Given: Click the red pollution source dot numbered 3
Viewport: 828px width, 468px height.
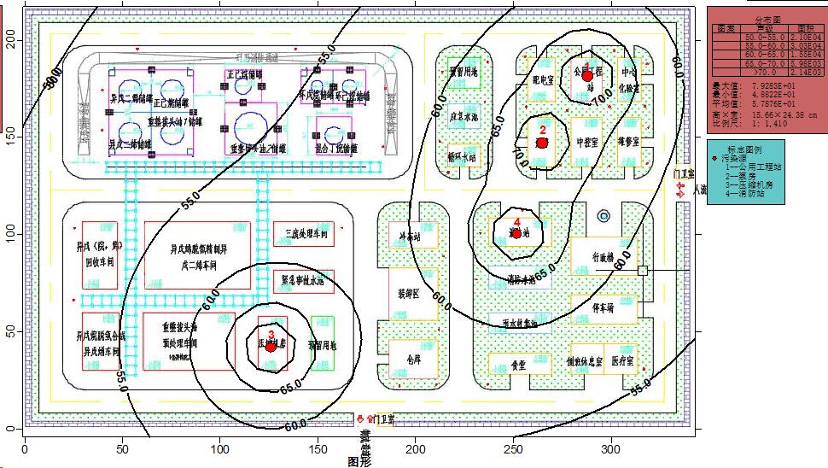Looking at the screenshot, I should [271, 346].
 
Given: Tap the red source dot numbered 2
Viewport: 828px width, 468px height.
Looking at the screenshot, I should [541, 143].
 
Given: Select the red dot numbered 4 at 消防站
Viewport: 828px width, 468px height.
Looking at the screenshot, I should [516, 233].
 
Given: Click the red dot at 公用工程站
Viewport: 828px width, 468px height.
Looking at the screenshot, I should [587, 76].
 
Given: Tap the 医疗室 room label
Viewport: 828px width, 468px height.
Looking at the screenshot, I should [623, 362].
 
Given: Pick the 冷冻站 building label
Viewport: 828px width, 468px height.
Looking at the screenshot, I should [405, 235].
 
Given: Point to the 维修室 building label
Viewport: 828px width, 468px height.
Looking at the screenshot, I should [630, 142].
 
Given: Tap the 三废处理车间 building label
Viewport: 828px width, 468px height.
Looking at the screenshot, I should [300, 232].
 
